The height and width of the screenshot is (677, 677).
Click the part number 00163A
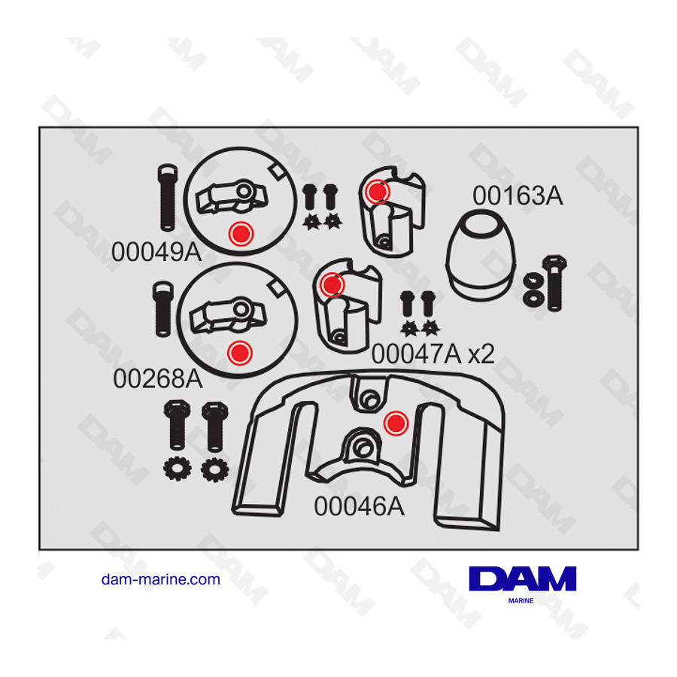518,196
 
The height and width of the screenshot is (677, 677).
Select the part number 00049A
156,252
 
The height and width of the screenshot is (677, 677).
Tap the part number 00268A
158,378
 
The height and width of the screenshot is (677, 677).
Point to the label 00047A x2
433,354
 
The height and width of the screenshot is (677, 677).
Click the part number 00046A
360,506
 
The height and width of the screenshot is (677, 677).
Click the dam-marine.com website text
161,579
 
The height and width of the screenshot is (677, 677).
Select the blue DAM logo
523,578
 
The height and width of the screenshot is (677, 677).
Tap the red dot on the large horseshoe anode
396,423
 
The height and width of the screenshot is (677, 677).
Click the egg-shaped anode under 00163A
481,256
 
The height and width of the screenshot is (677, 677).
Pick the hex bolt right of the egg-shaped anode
554,283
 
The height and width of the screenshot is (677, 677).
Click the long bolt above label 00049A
167,197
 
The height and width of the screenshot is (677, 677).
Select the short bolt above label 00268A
163,308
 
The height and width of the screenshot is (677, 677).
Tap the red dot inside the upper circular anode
241,234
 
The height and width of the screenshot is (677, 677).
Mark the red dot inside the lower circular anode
240,353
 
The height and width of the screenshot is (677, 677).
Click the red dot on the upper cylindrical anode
378,191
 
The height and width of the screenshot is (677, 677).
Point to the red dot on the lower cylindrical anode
332,284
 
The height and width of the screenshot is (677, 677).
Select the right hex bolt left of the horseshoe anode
215,427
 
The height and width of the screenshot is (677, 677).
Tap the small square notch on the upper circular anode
276,172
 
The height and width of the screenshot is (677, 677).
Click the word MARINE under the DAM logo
521,600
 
